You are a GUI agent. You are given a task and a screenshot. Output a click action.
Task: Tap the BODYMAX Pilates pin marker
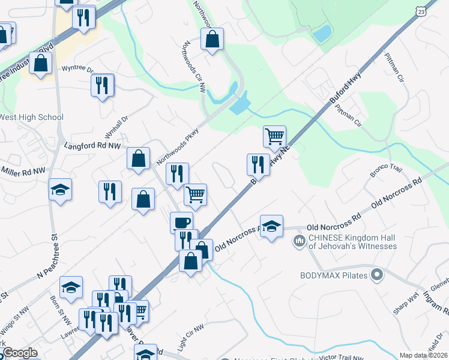point(377,276)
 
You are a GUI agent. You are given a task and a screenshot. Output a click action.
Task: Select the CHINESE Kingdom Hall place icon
point(299,242)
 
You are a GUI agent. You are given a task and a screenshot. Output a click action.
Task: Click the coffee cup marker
point(181,223)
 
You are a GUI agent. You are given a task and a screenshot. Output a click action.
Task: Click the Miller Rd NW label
point(23,172)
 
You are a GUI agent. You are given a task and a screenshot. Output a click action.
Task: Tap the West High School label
point(31,117)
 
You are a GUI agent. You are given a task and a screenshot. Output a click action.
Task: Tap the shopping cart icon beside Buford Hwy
point(274,136)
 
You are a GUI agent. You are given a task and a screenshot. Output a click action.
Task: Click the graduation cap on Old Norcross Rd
point(271,226)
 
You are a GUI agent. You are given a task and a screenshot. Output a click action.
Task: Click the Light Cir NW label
point(191,337)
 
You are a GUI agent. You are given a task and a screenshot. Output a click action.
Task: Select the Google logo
point(19,353)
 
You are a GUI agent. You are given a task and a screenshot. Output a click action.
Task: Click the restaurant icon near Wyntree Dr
point(103,85)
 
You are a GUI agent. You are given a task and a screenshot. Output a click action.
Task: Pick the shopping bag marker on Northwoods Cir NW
point(212,40)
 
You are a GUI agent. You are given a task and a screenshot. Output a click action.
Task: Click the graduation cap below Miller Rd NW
point(60,190)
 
